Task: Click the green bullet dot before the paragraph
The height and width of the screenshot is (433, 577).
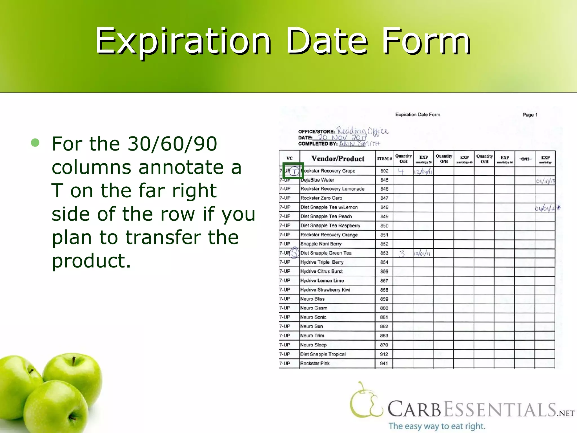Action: (x=35, y=143)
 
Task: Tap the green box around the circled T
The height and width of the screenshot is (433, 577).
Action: (x=293, y=171)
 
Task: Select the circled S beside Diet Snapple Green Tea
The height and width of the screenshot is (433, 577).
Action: (x=294, y=253)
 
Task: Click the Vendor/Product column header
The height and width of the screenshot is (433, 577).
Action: (x=338, y=159)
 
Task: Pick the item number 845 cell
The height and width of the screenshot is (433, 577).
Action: (x=384, y=180)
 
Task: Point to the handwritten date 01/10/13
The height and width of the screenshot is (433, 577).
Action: (x=545, y=181)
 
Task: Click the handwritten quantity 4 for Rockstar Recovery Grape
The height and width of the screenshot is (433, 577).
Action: (x=401, y=171)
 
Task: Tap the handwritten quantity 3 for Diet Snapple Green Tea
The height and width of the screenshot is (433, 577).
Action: (x=402, y=253)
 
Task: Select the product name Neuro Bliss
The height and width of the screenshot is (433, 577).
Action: (x=312, y=299)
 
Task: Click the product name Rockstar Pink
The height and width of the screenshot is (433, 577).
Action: (x=315, y=363)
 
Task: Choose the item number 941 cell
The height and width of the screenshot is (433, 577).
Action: (x=384, y=363)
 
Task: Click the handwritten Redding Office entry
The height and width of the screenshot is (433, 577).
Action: (x=363, y=131)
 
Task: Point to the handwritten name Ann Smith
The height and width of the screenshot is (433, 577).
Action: (x=359, y=144)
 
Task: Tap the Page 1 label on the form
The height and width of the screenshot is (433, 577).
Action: (x=530, y=115)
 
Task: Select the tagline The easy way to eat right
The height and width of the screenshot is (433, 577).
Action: (x=437, y=426)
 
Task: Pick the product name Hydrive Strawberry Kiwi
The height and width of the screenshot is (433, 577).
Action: (x=325, y=290)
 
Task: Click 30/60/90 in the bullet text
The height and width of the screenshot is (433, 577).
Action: (x=172, y=144)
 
